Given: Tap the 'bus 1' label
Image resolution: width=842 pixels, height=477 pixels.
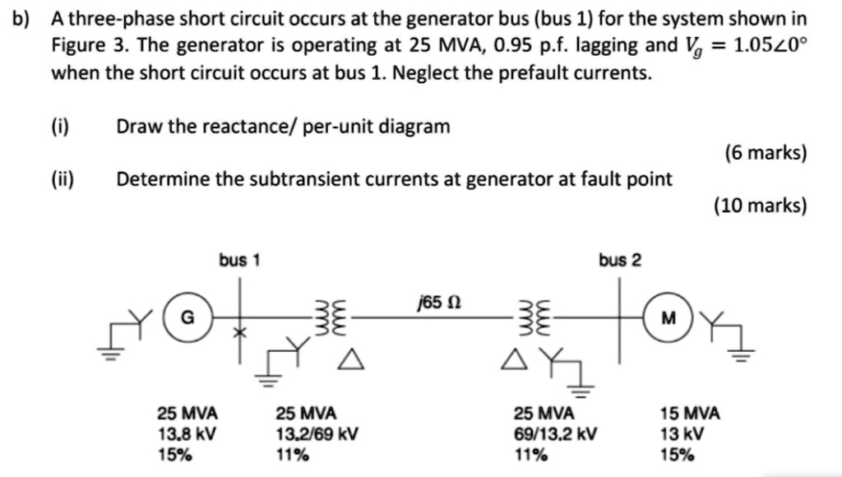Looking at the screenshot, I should (239, 261).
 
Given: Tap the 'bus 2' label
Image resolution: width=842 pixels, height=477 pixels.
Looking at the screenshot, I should (620, 261).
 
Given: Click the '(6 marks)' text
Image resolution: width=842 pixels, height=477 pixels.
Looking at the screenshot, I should (765, 153).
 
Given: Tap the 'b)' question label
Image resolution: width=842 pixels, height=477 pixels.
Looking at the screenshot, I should (23, 18).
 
